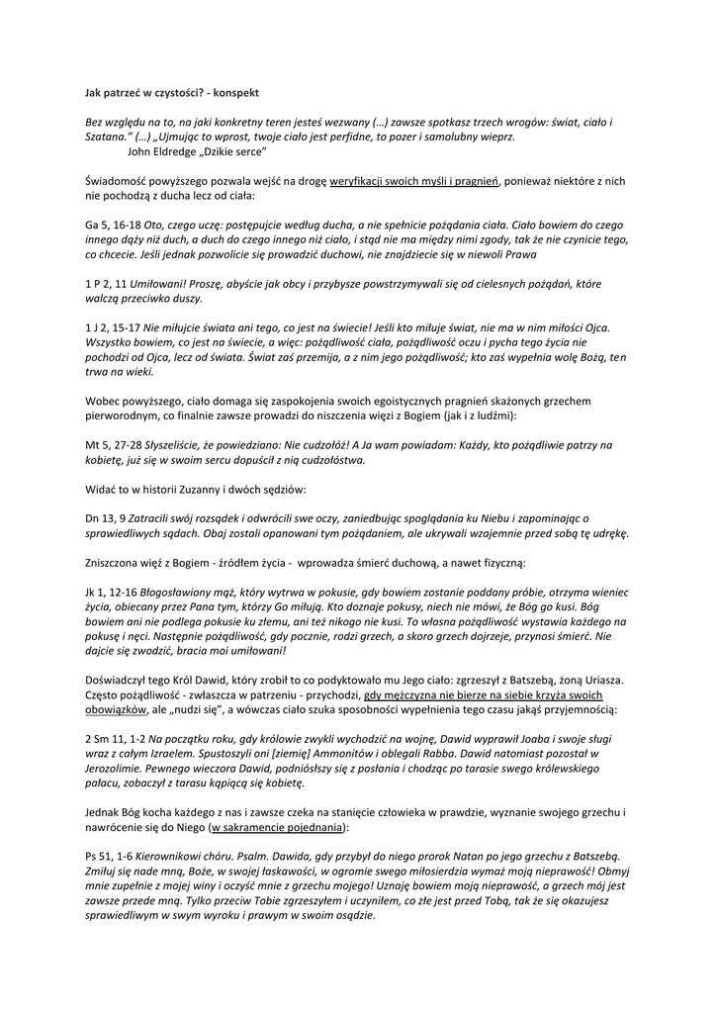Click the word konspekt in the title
click(237, 92)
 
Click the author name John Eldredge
click(163, 152)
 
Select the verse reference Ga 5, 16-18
click(113, 226)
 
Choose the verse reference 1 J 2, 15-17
click(113, 327)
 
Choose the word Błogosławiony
click(187, 592)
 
